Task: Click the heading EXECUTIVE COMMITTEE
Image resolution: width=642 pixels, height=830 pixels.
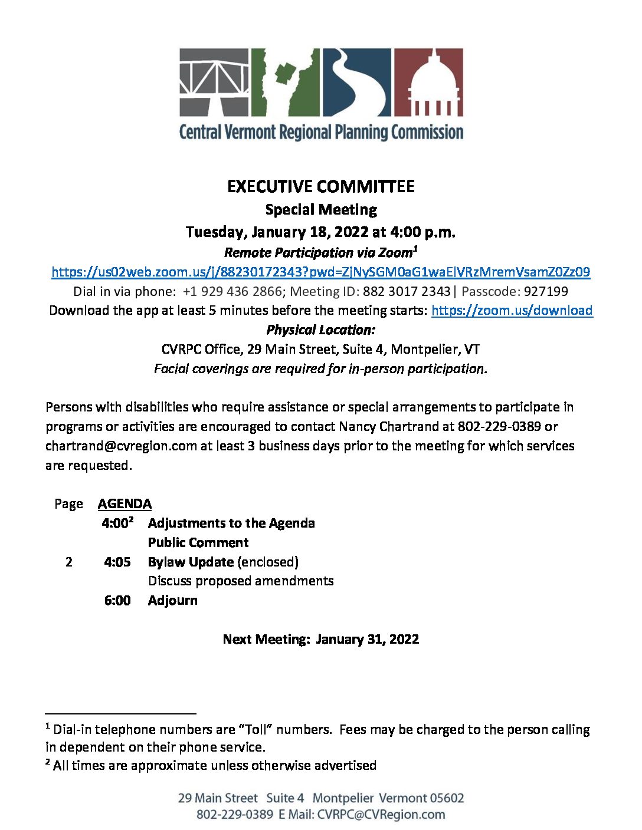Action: pos(320,187)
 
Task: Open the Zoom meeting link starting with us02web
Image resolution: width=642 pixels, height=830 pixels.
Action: pos(320,272)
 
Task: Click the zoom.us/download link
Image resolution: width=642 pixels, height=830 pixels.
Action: pos(512,311)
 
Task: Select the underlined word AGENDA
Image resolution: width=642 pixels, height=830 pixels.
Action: pos(125,504)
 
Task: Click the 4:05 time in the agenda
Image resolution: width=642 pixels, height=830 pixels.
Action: pos(117,562)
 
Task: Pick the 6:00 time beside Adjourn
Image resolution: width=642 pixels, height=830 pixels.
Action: pos(117,601)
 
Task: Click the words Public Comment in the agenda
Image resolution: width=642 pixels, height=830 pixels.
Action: pos(198,542)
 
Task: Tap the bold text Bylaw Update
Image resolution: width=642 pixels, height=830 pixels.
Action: pos(191,562)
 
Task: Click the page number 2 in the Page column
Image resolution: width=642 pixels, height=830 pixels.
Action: pos(69,562)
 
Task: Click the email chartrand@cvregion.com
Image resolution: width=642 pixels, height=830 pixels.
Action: pos(121,446)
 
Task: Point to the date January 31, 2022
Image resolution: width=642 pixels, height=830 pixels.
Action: pos(367,639)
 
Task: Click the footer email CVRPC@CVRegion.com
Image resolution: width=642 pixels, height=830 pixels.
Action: pos(381,815)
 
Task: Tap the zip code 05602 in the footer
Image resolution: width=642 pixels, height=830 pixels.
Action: pos(447,798)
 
